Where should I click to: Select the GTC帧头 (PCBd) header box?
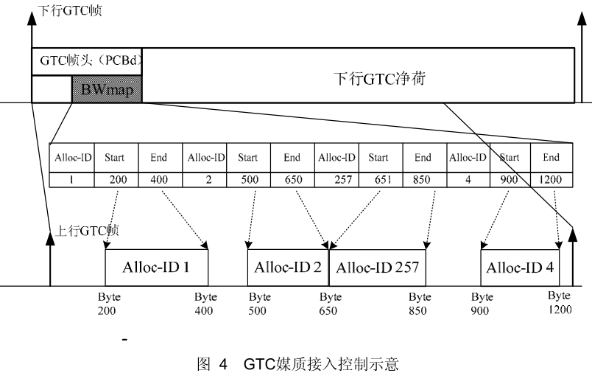(x=87, y=61)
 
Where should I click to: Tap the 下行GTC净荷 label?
(x=380, y=77)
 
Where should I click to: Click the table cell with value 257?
(x=336, y=178)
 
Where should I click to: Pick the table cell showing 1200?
(x=550, y=178)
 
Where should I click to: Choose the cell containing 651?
(x=378, y=178)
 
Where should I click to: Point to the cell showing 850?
(x=423, y=178)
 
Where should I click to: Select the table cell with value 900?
(x=510, y=178)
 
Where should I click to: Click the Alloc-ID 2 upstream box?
(x=287, y=267)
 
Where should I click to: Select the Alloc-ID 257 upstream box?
(x=377, y=267)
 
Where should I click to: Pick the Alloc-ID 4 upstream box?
(x=520, y=267)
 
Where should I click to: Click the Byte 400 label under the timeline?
(x=205, y=304)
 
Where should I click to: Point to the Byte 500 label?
(x=259, y=304)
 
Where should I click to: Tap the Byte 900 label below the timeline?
(x=482, y=304)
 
